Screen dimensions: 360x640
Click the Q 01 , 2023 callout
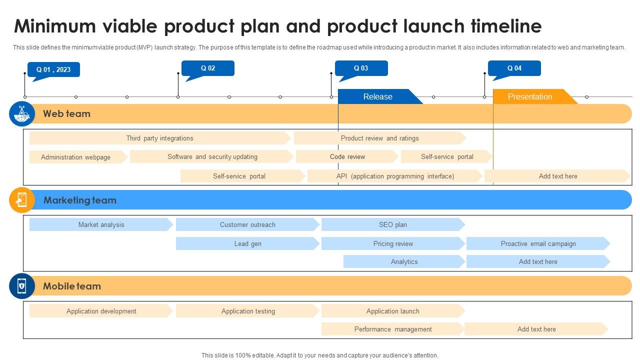coord(53,69)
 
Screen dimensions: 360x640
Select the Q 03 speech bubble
coord(361,68)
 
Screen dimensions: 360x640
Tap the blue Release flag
coord(377,96)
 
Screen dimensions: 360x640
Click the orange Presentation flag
coord(530,96)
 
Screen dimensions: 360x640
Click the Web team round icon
coord(21,114)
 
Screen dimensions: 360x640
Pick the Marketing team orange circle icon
coord(21,200)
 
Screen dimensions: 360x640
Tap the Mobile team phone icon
coord(21,286)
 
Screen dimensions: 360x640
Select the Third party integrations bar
coord(159,138)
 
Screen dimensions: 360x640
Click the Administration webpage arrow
coord(76,157)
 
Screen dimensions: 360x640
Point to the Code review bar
coord(347,156)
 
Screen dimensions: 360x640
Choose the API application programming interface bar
coord(395,176)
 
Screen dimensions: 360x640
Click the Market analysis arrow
coord(101,224)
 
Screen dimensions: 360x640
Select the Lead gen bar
coord(247,243)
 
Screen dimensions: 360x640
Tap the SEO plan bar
coord(392,224)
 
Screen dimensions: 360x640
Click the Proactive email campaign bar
coord(538,243)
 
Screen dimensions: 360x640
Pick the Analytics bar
coord(404,261)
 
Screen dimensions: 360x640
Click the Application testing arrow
coord(247,311)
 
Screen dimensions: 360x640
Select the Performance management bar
coord(392,329)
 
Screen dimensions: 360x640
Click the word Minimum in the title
coord(55,26)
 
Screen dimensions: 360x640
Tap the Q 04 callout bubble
coord(514,68)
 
